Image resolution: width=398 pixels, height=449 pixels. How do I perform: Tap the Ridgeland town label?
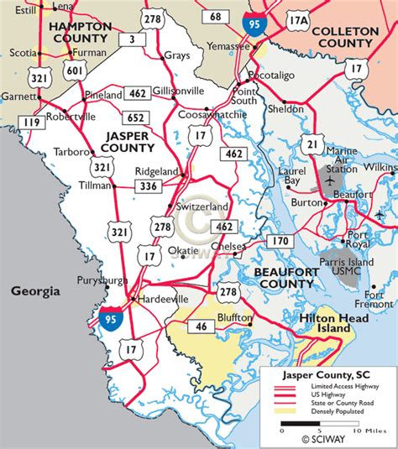tap(157, 171)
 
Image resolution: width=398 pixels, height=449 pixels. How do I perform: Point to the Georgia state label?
tap(35, 291)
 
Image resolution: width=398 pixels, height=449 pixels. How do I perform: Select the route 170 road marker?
tap(279, 242)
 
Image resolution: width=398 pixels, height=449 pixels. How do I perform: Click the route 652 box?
tap(139, 117)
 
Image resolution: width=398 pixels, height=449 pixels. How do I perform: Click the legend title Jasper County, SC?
tap(328, 373)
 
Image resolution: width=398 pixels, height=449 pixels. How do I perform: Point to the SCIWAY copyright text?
tap(323, 436)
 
